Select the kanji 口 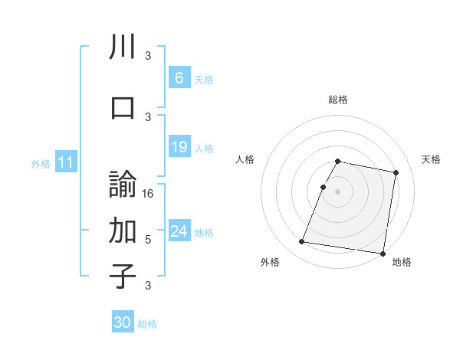click(x=123, y=107)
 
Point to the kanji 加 click(x=123, y=229)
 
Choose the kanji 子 click(x=123, y=276)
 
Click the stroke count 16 click(x=149, y=194)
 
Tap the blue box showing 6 click(x=179, y=78)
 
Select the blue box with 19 click(x=179, y=147)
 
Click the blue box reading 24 click(x=179, y=231)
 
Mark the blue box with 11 click(x=65, y=162)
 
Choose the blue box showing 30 click(x=123, y=322)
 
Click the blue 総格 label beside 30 click(x=147, y=324)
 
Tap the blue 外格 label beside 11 click(x=41, y=164)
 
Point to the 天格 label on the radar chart click(x=431, y=159)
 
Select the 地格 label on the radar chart click(x=402, y=262)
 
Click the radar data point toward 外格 click(x=302, y=242)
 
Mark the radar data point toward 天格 click(x=396, y=173)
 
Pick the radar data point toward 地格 click(x=382, y=253)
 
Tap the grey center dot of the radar click(x=337, y=191)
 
